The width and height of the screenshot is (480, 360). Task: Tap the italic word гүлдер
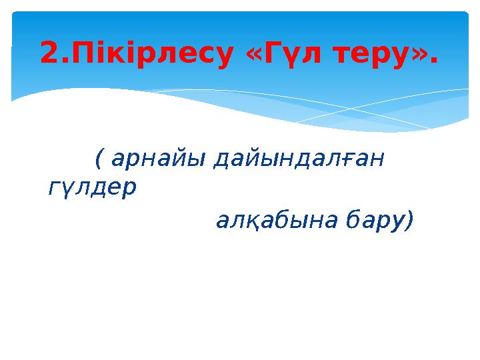point(92,189)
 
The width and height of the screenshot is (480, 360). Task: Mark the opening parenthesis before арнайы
point(99,159)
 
